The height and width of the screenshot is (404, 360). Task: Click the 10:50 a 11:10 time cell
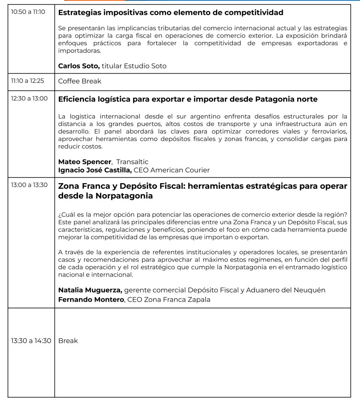pos(28,12)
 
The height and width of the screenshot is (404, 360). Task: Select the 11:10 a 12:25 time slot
pos(28,81)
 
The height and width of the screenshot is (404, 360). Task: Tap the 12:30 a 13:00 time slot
pos(29,98)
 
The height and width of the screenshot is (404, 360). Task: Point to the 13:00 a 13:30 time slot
pos(29,185)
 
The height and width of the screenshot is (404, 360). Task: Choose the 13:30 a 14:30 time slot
pos(31,341)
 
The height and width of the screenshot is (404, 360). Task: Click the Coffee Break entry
pos(80,81)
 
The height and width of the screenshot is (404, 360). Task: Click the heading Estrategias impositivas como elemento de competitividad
pos(171,12)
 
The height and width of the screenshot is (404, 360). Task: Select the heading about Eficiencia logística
pos(188,99)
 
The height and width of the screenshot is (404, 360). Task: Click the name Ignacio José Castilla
pos(95,170)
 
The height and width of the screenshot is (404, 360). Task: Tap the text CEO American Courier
pos(172,170)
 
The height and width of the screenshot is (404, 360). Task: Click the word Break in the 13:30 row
pos(68,341)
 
